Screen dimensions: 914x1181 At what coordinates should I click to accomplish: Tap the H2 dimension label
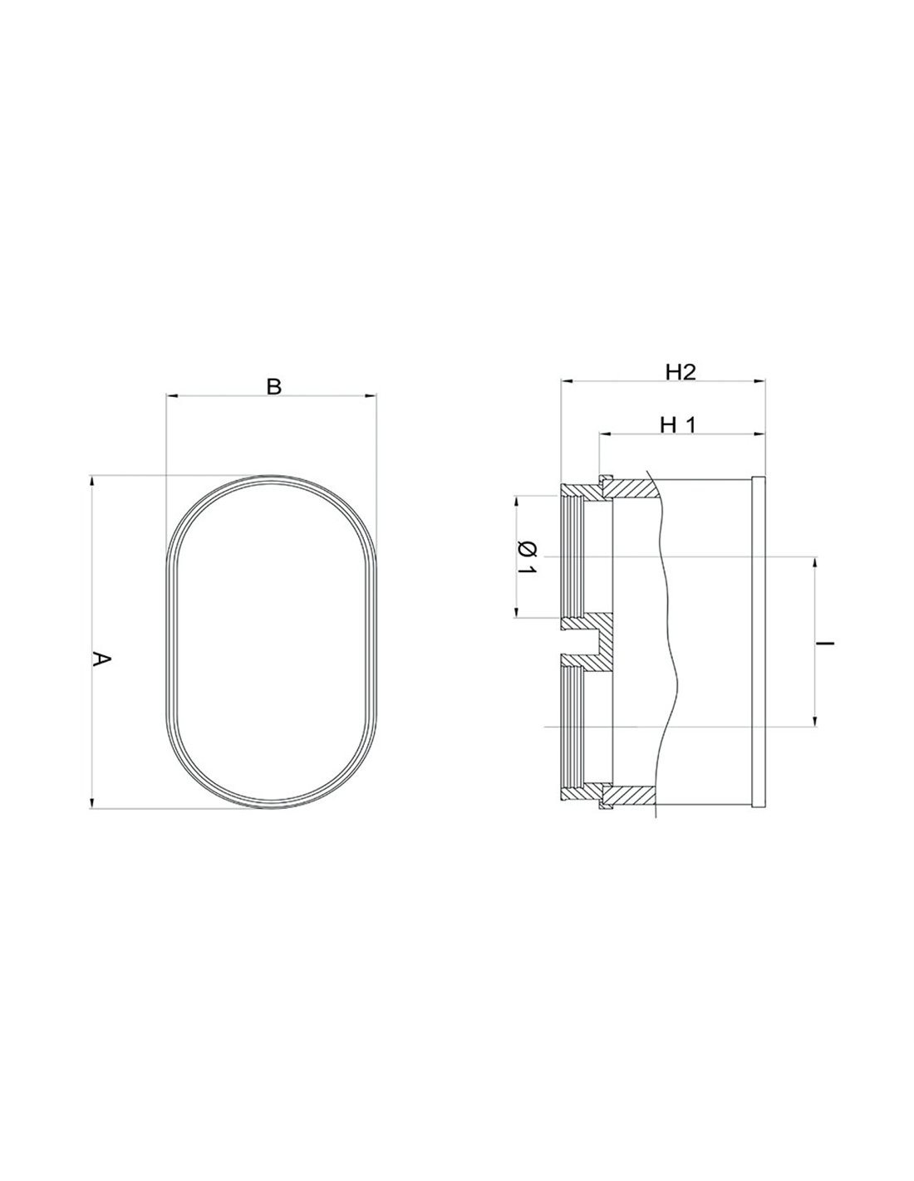click(681, 372)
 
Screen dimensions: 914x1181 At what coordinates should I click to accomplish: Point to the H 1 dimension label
click(677, 425)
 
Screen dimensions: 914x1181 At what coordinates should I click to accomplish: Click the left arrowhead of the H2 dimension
click(567, 382)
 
